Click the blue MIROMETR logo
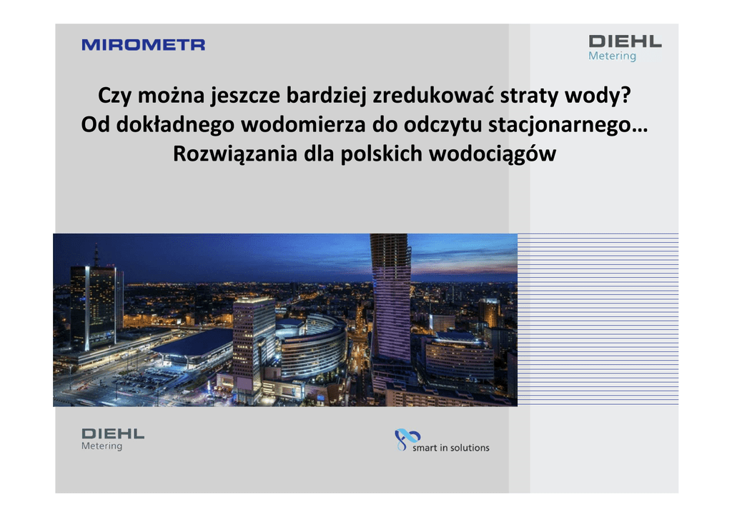coord(143,45)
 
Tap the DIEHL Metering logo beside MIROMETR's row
coord(625,48)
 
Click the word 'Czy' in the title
coord(115,96)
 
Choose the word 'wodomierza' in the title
coord(303,124)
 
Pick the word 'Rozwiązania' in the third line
coord(234,154)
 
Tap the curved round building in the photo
coord(312,346)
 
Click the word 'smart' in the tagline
coord(425,448)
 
